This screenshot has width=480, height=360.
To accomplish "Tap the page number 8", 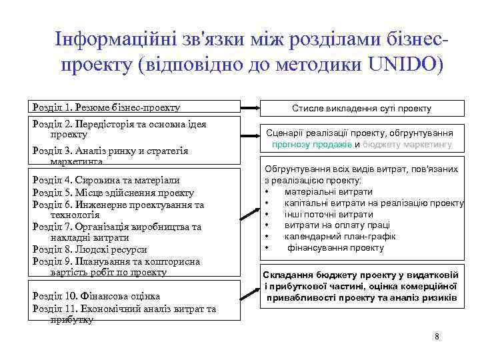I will click(x=437, y=336).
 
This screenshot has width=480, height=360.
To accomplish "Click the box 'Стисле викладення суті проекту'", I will click(x=361, y=108).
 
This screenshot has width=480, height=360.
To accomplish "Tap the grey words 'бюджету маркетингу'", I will click(x=407, y=144).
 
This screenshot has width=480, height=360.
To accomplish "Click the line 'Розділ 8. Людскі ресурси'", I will click(x=89, y=249).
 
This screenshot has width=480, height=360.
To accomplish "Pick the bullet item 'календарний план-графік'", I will click(x=339, y=236).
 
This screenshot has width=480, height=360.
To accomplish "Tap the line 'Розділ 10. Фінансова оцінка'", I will click(x=96, y=295).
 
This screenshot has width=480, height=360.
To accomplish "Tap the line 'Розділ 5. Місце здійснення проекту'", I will click(x=113, y=192).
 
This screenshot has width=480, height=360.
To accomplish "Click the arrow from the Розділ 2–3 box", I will click(x=251, y=137).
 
